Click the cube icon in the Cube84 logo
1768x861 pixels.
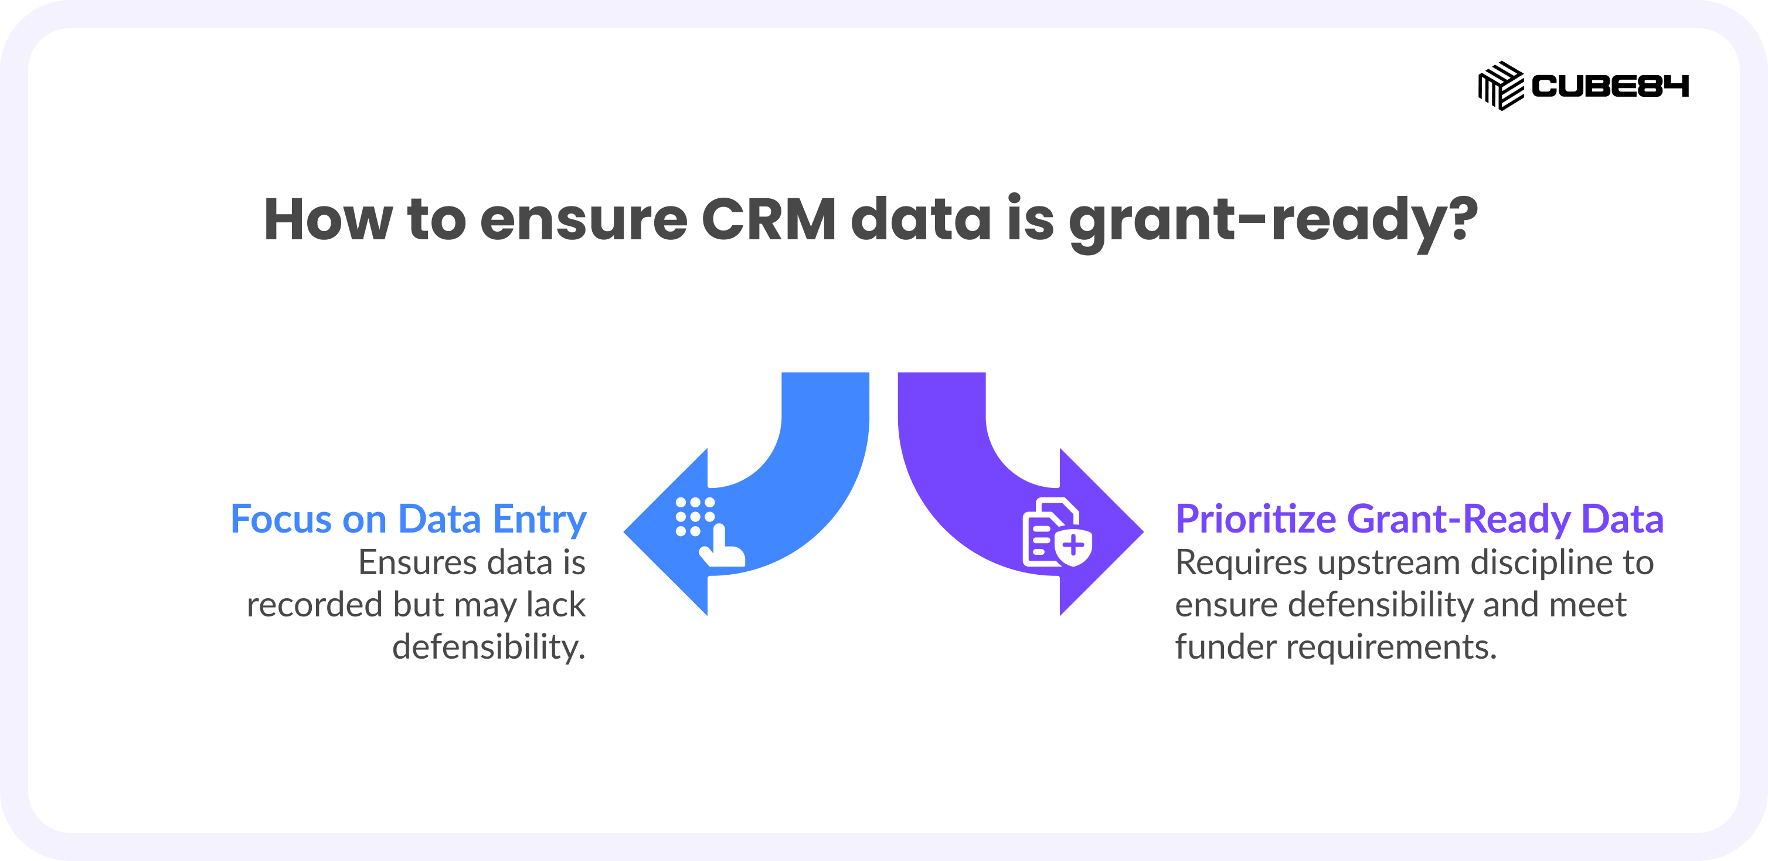tap(1501, 86)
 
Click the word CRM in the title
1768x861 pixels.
tap(769, 220)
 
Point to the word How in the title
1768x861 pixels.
tap(328, 220)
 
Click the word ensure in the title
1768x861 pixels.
tap(583, 223)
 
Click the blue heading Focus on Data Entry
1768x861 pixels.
tap(409, 520)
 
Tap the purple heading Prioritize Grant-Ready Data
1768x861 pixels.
tap(1419, 519)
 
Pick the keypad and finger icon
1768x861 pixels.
tap(710, 532)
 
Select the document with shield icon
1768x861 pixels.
tap(1057, 532)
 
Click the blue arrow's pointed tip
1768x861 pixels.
tap(624, 531)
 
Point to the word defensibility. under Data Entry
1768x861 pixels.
tap(489, 648)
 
